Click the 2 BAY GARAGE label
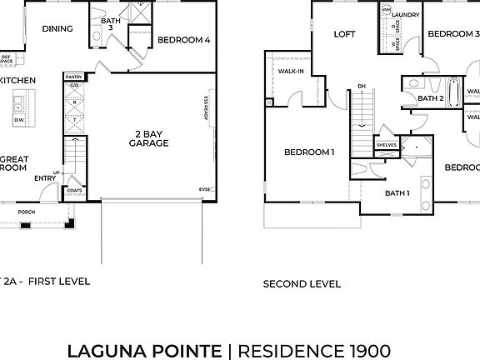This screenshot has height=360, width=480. click(150, 138)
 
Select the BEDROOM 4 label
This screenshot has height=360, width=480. click(183, 39)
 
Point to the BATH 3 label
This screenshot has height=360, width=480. click(110, 24)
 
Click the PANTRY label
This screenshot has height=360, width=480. click(74, 77)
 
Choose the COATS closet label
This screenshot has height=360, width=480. click(74, 189)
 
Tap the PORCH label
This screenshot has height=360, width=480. click(27, 212)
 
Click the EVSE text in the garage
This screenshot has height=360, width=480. click(204, 189)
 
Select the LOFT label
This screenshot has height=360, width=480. click(345, 34)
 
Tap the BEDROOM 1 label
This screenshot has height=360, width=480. click(309, 152)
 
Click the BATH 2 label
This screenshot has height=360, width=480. click(430, 97)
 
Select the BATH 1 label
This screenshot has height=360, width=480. click(397, 193)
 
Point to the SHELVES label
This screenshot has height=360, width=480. click(386, 143)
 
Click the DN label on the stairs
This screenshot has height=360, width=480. click(362, 86)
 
